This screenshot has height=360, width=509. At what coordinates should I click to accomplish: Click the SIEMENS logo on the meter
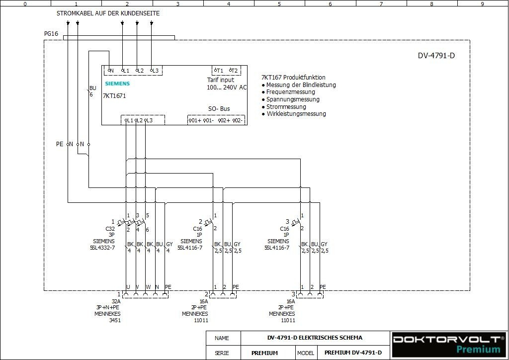(x=117, y=84)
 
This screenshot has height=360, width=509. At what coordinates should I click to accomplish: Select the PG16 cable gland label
(x=51, y=34)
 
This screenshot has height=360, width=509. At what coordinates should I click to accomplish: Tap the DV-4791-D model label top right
(x=436, y=56)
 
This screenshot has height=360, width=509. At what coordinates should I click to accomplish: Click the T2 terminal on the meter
(x=234, y=71)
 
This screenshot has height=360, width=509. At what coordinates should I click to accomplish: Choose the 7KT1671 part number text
(x=114, y=96)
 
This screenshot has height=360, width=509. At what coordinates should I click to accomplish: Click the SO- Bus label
(x=219, y=108)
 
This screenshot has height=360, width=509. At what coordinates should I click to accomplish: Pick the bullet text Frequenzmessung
(x=290, y=92)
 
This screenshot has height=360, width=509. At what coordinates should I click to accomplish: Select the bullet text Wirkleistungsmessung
(x=296, y=114)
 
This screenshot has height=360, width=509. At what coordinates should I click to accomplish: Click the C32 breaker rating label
(x=110, y=229)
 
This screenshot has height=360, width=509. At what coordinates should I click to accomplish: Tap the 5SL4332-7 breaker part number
(x=102, y=248)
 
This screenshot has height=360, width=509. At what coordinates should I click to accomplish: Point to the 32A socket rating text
(x=116, y=301)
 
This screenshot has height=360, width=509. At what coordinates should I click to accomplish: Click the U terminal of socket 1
(x=128, y=287)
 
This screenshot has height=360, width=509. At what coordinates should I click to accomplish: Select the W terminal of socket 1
(x=147, y=287)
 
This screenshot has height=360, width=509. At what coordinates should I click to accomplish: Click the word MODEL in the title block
(x=306, y=353)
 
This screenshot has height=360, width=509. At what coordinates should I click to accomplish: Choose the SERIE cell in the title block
(x=222, y=353)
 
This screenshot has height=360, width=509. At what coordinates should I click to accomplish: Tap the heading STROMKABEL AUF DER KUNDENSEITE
(x=108, y=13)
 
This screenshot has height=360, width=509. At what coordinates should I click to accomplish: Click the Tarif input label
(x=221, y=80)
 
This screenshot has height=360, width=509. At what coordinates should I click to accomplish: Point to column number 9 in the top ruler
(x=482, y=4)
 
